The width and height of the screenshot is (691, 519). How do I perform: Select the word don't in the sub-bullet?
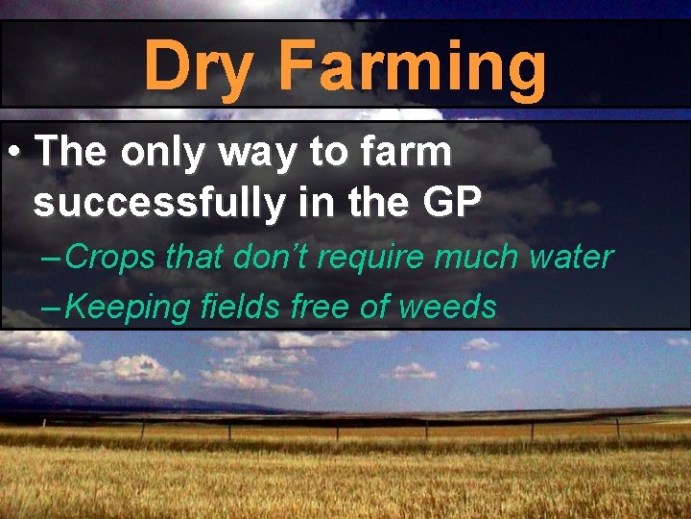click(x=277, y=258)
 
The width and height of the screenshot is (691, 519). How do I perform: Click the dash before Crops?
click(x=54, y=258)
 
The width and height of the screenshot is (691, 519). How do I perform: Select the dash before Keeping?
click(x=54, y=308)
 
